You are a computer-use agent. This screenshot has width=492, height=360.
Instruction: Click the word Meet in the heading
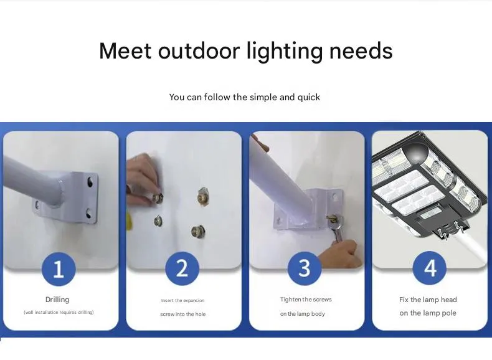pos(125,51)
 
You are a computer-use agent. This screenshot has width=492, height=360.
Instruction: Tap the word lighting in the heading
pos(285,52)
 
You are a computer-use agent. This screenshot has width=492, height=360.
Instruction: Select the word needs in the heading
pos(361,51)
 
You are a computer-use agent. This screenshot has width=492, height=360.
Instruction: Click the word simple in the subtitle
pos(263,97)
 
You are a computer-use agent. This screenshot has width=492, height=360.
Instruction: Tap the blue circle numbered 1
pos(59,269)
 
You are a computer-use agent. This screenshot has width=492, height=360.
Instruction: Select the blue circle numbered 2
pos(182,268)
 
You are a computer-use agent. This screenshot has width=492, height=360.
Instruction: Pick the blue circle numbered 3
pos(305,268)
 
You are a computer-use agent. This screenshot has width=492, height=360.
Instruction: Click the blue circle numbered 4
pos(430,268)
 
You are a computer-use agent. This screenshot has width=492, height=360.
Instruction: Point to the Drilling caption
pos(57,300)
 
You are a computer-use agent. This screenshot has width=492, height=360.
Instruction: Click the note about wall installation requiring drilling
pos(59,312)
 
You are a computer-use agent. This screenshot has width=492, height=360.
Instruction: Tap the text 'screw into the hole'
pos(183,314)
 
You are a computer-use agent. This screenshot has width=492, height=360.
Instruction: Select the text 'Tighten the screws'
pos(306,300)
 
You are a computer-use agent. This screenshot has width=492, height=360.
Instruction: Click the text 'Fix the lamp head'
pos(428,300)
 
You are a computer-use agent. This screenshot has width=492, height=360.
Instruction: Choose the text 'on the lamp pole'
pos(428,313)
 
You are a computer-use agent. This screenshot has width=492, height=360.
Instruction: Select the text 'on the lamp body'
pos(303,314)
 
